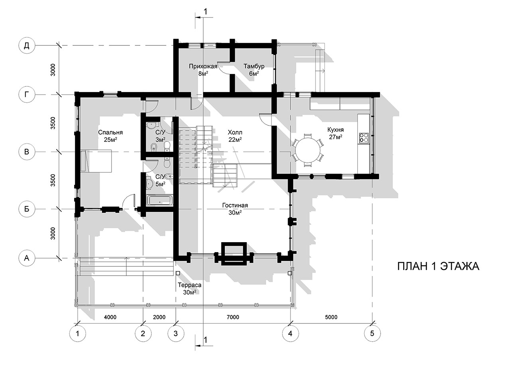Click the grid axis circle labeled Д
[x=27, y=45]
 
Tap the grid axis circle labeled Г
[x=27, y=94]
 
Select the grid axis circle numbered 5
[x=372, y=333]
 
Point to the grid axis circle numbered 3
[x=176, y=333]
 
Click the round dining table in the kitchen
[x=308, y=150]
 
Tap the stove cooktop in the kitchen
[x=363, y=138]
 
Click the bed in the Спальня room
[x=96, y=161]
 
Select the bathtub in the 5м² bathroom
[x=160, y=201]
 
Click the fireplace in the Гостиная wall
[x=234, y=254]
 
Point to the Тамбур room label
[x=254, y=67]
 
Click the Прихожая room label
[x=203, y=67]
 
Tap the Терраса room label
[x=190, y=285]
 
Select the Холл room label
[x=235, y=132]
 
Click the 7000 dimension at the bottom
[x=233, y=317]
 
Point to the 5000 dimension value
[x=331, y=317]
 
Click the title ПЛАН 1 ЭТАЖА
[x=438, y=266]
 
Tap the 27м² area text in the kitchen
[x=336, y=137]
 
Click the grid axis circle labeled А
[x=27, y=258]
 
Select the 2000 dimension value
[x=159, y=317]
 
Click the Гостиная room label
[x=235, y=206]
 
